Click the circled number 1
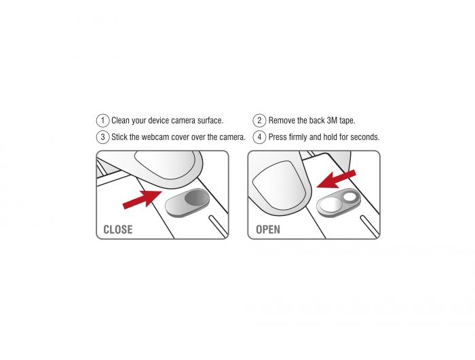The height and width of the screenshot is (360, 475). [x=102, y=120]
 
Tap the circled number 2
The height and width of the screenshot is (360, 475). [x=259, y=120]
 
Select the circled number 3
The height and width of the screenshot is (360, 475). [x=102, y=137]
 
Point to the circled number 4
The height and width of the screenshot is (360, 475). [x=259, y=137]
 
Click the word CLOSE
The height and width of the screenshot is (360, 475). [x=118, y=230]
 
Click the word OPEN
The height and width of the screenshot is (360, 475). [x=268, y=230]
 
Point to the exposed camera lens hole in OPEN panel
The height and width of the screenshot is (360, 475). [x=350, y=197]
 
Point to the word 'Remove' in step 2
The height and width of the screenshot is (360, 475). [x=282, y=121]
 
